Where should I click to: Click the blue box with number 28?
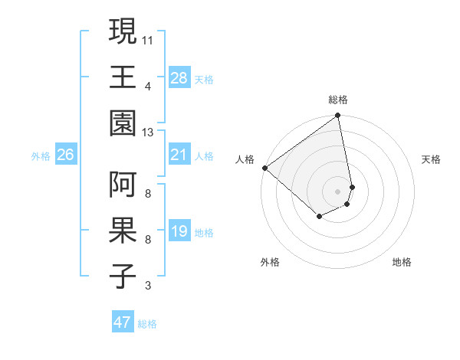coord(179,77)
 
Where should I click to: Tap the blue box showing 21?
coord(179,155)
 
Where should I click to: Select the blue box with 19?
coord(179,231)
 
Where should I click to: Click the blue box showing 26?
coord(65,155)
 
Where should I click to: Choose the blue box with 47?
coord(122,322)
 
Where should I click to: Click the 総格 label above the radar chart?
coord(338,100)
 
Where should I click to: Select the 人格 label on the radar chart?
coord(245,159)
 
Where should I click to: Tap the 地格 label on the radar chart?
coord(402,262)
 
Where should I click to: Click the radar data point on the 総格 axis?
coord(338,116)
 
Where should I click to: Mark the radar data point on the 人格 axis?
coord(264,168)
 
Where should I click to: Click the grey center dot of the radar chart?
coord(338,191)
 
